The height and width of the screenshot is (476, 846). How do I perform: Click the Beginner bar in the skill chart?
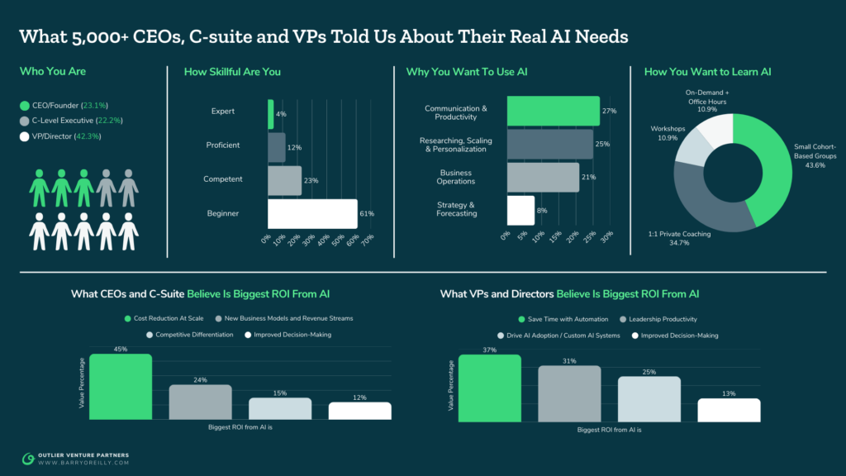tap(312, 214)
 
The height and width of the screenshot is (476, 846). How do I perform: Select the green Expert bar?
tap(270, 114)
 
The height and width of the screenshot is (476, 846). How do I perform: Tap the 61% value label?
tap(367, 214)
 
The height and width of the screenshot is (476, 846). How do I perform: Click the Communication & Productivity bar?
tap(553, 111)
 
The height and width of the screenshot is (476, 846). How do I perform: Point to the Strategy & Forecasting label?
tap(457, 209)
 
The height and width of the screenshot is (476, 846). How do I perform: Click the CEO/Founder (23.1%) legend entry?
tap(64, 105)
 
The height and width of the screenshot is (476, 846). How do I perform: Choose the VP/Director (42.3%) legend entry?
tap(64, 136)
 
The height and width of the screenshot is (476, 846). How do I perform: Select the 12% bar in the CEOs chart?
tap(359, 411)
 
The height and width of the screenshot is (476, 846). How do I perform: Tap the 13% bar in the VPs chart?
tap(729, 410)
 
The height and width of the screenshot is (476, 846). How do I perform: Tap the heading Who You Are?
tap(53, 72)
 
